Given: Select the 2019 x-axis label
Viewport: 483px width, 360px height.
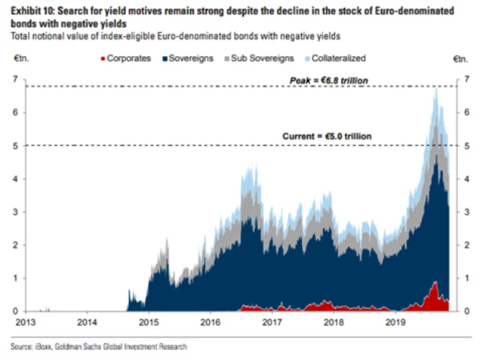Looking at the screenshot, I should click(395, 320).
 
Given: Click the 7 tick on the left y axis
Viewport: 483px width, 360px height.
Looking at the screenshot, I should click(15, 79).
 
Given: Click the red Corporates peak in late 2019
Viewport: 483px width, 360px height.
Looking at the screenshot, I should click(435, 284).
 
